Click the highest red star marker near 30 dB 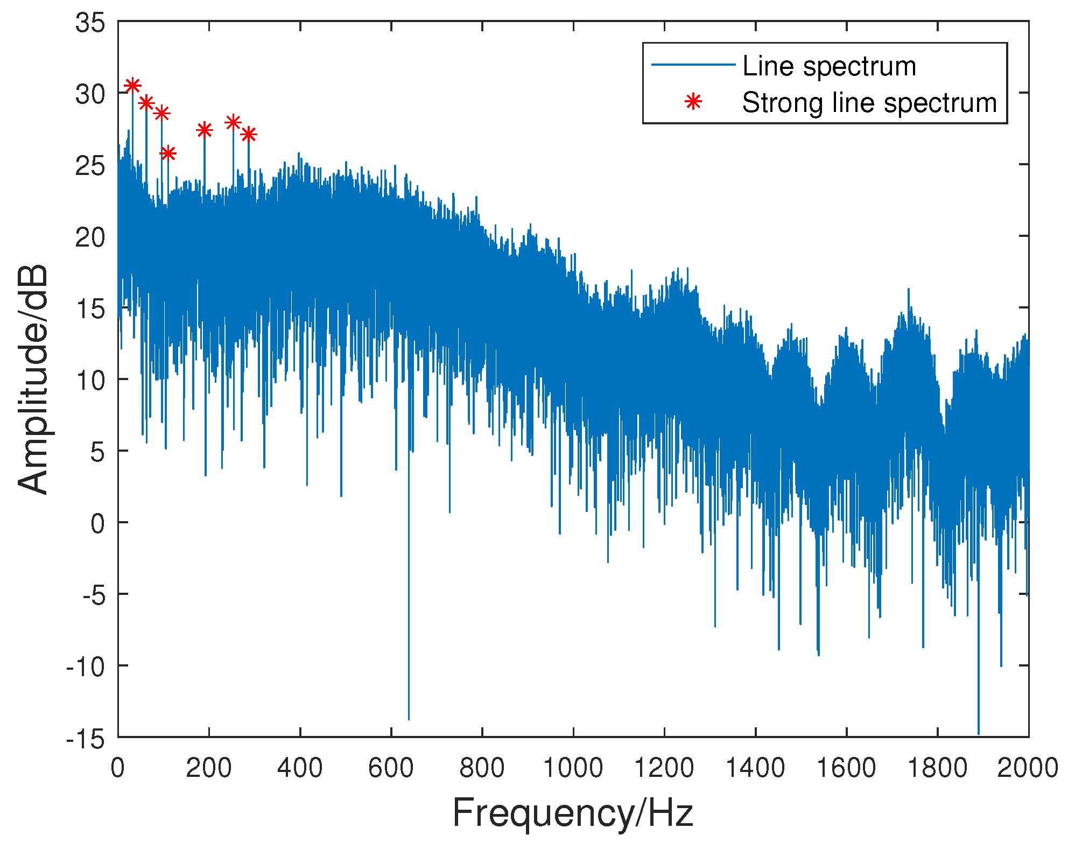point(132,86)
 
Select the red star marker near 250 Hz point(233,123)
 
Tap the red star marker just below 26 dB point(168,153)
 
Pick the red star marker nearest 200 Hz point(204,130)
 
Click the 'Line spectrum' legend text point(829,66)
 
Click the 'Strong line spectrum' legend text point(869,102)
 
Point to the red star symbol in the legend point(693,102)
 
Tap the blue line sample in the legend point(693,65)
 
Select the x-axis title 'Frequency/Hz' point(573,813)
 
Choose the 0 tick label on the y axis point(98,523)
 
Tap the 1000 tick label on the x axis point(573,768)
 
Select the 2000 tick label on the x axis point(1027,768)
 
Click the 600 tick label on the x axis point(391,768)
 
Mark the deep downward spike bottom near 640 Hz point(409,719)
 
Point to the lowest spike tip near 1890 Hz point(979,733)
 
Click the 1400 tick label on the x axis point(755,768)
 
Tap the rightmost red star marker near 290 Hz point(248,134)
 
